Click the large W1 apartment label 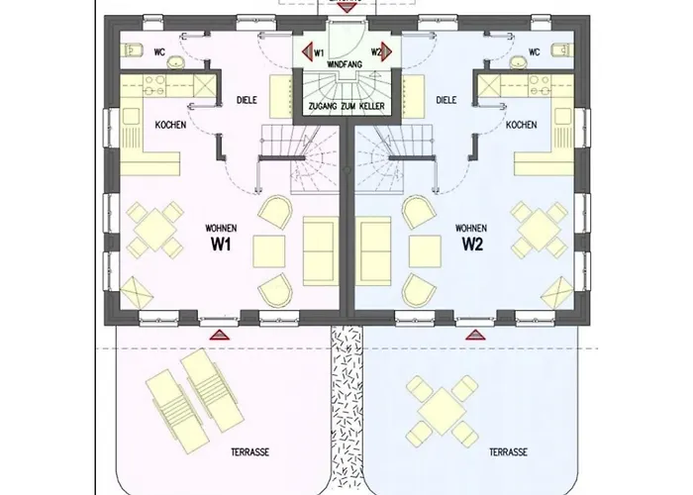(x=221, y=244)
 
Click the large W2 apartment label (x=472, y=244)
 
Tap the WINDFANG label (x=345, y=64)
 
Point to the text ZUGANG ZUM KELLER (x=346, y=106)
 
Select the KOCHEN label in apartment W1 (x=170, y=125)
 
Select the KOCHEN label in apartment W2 (x=522, y=125)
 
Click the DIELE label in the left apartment (x=247, y=100)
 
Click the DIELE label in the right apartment (x=446, y=100)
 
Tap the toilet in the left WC (x=132, y=50)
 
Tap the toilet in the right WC (x=562, y=50)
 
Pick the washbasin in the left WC (x=176, y=62)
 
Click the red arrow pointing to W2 (x=386, y=52)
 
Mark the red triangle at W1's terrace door (x=220, y=335)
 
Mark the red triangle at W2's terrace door (x=475, y=335)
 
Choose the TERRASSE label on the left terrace (x=250, y=452)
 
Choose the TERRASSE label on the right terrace (x=508, y=452)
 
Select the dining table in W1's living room (x=155, y=230)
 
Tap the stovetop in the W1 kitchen (x=154, y=86)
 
